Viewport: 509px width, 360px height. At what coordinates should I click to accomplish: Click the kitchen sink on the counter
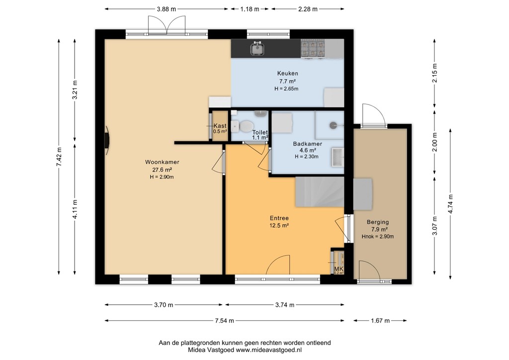257,49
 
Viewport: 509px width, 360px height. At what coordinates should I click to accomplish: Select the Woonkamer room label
162,162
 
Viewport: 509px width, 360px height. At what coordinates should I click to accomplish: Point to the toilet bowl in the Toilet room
244,127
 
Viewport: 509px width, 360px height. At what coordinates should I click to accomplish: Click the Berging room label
378,222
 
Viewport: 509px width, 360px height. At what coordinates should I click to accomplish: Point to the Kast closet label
220,126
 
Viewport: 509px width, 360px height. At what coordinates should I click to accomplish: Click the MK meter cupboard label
339,270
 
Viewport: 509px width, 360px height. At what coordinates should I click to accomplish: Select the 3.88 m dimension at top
167,9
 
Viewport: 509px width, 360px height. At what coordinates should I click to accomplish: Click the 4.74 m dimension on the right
450,204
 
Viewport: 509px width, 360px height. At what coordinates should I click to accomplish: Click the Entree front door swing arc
278,264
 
